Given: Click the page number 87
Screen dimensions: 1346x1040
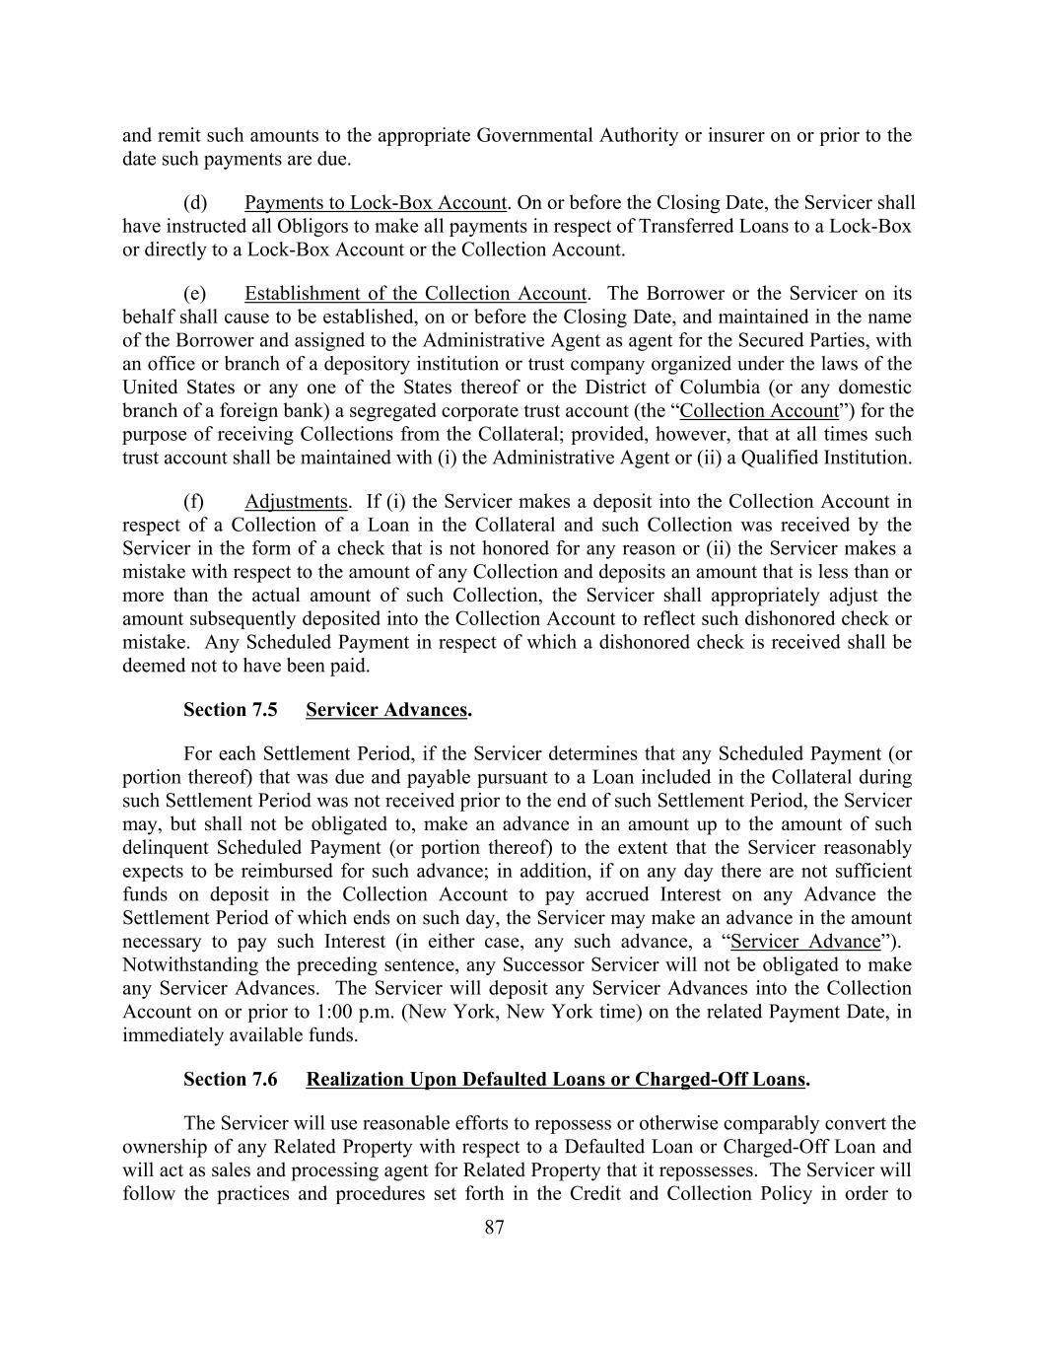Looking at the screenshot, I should (495, 1227).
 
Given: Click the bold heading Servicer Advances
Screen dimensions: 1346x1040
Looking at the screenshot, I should (386, 710).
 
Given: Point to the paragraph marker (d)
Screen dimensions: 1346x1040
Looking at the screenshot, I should (195, 203).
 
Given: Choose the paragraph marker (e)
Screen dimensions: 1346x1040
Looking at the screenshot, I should (195, 294).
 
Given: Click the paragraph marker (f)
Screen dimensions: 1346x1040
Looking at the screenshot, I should (194, 502).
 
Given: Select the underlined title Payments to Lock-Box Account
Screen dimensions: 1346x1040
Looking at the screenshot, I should (375, 203).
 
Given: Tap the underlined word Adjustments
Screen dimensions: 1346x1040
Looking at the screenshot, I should (296, 502).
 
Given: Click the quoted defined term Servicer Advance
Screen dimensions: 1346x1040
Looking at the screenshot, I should (804, 942).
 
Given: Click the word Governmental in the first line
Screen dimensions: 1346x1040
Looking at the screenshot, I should (535, 136).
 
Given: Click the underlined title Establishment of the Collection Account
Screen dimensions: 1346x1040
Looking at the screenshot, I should (415, 294).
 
